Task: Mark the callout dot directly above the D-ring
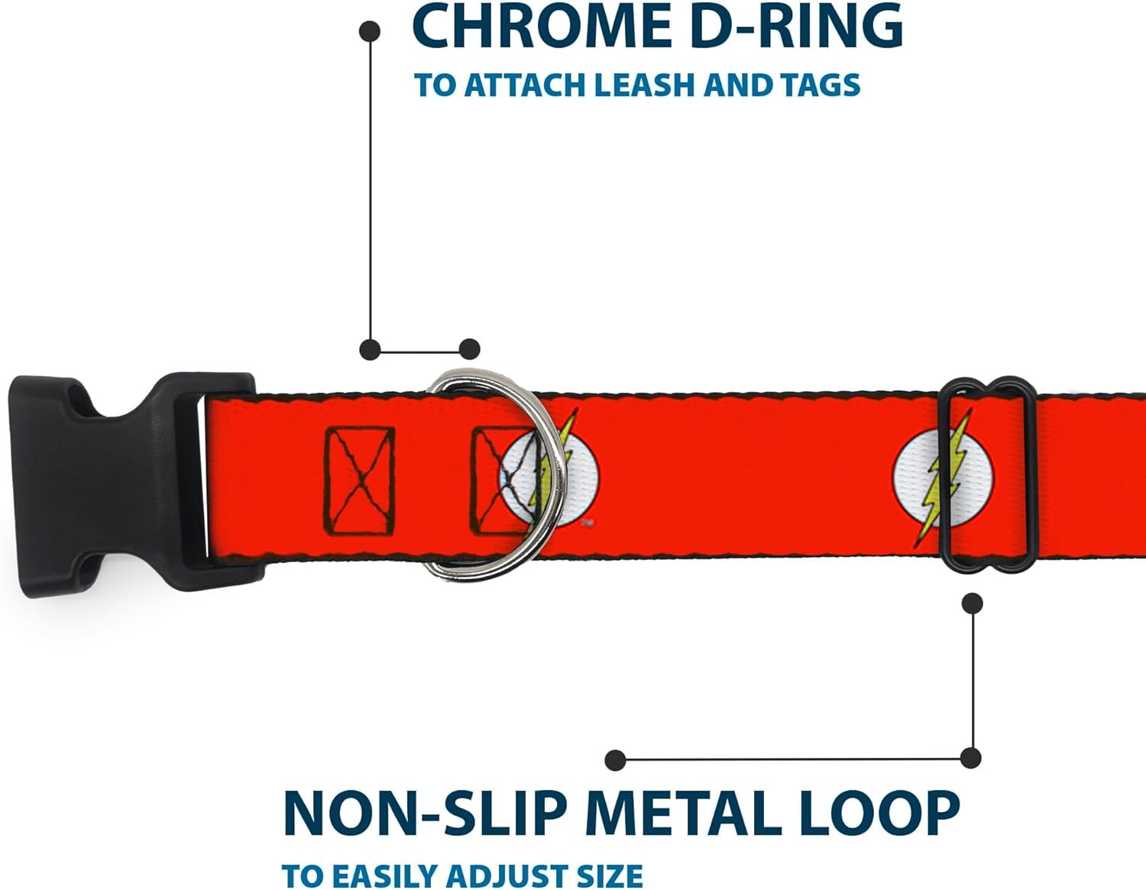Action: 470,349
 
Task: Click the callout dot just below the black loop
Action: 972,604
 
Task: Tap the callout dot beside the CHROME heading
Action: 370,31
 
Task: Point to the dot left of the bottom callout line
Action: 615,759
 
